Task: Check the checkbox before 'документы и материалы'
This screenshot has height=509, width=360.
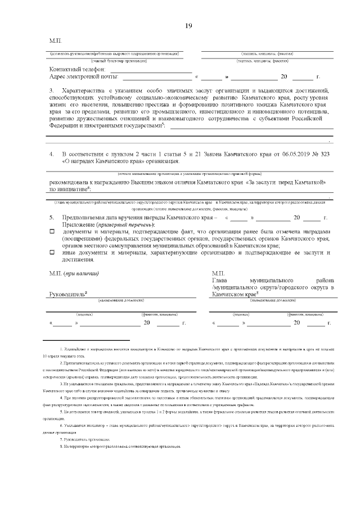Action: tap(51, 232)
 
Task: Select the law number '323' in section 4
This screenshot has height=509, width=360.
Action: tap(323, 154)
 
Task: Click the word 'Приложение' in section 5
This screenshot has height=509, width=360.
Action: tap(78, 224)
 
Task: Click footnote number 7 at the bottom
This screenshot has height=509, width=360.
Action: tap(61, 438)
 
